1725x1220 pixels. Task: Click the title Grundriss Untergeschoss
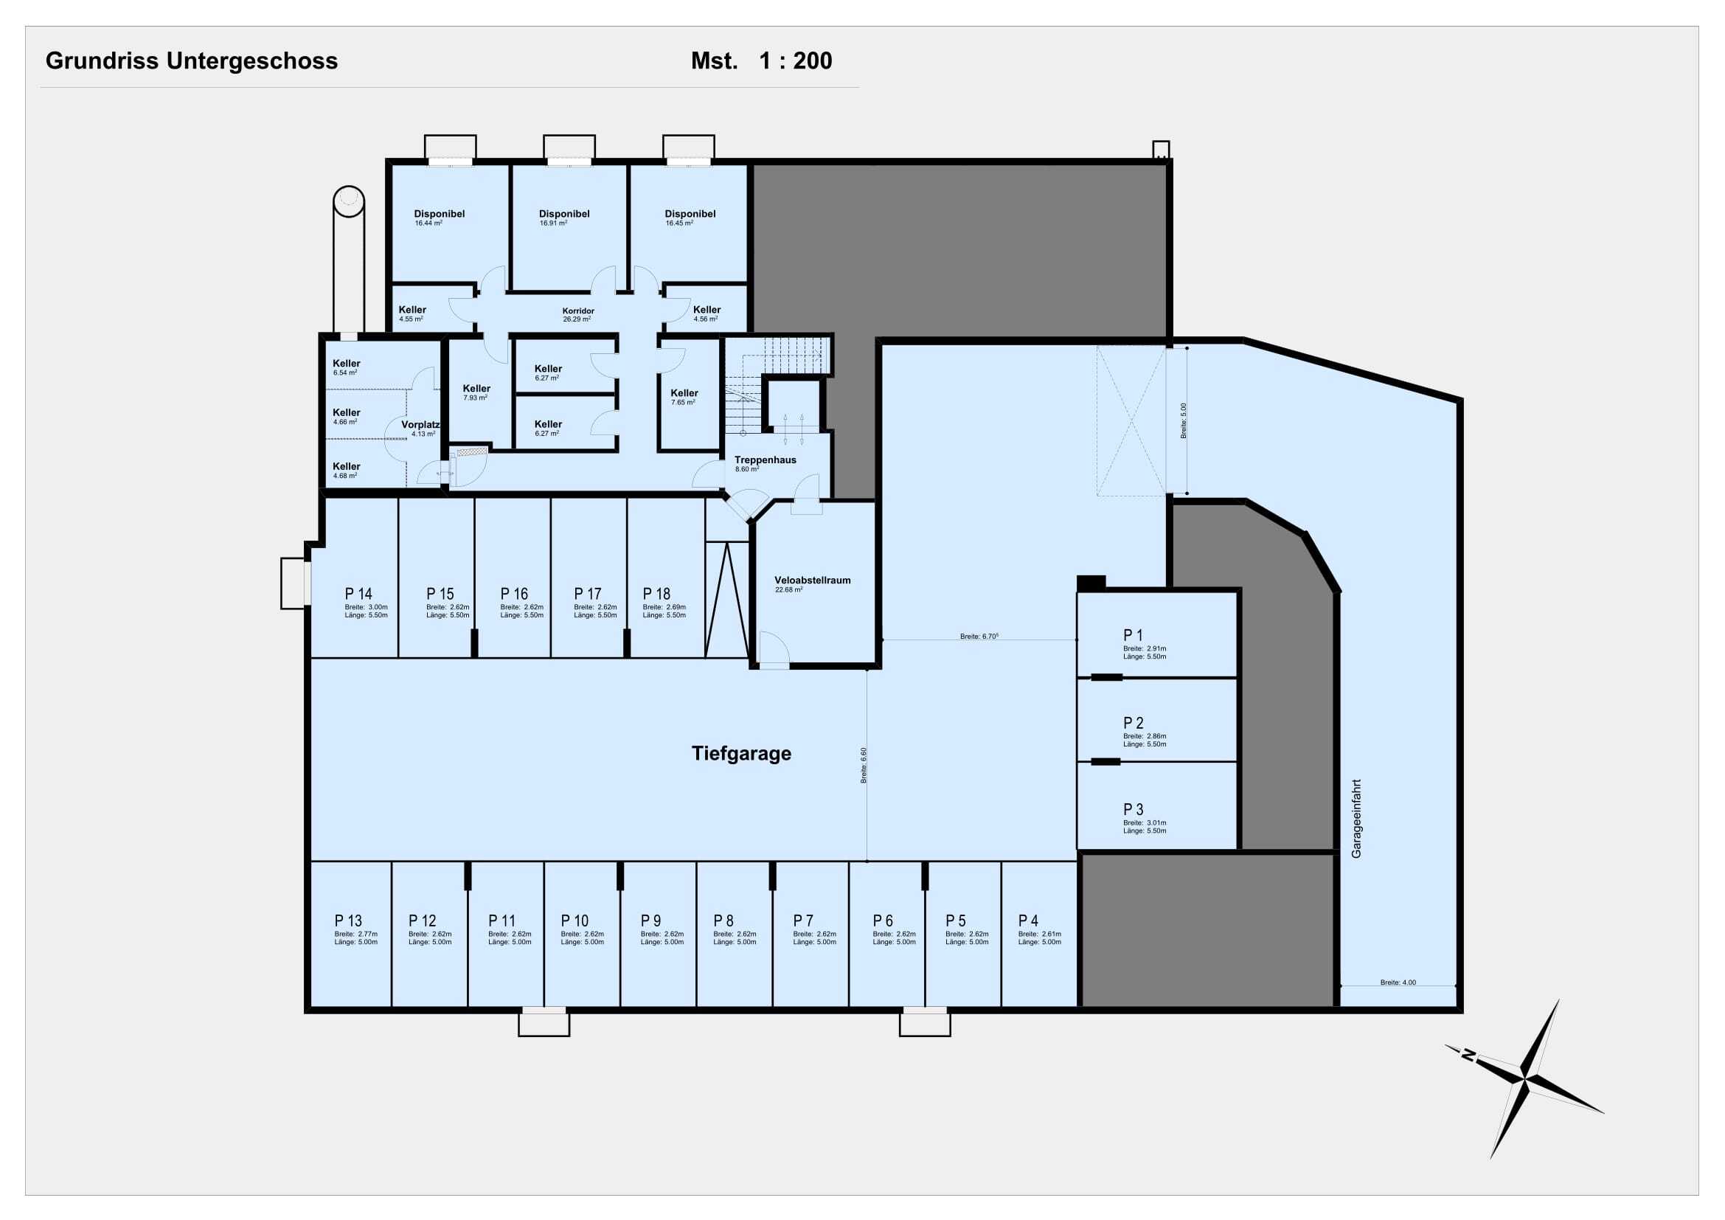pos(192,60)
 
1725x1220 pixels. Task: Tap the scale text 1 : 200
pos(795,60)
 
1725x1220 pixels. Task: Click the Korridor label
pos(577,311)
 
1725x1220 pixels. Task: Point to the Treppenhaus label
pos(765,460)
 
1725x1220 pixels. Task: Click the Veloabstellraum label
pos(812,580)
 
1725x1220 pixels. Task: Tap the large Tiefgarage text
pos(740,754)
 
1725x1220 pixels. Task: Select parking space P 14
pos(358,595)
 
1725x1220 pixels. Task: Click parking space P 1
pos(1133,636)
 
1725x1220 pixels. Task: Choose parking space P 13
pos(348,921)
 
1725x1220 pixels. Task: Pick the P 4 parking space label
pos(1028,921)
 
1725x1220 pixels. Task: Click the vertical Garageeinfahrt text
pos(1356,819)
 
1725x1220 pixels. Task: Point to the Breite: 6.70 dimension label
pos(978,637)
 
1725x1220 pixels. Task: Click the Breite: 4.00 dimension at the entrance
pos(1398,982)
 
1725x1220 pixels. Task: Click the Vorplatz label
pos(420,425)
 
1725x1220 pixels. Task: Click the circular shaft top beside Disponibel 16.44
pos(349,201)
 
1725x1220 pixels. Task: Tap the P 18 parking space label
pos(656,595)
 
